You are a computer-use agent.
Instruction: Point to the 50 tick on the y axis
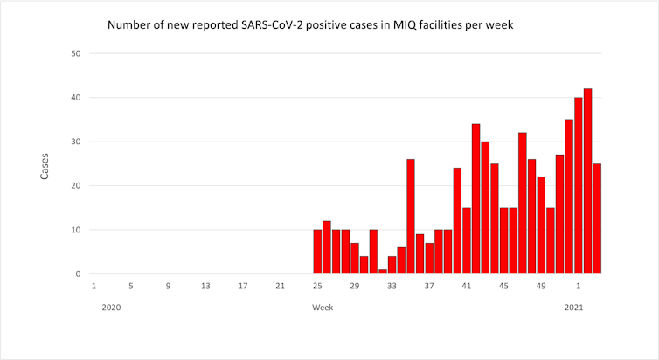click(x=76, y=53)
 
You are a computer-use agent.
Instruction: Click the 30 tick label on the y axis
click(x=76, y=142)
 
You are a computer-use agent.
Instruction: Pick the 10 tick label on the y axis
click(x=76, y=230)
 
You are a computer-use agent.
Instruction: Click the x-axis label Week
click(x=323, y=308)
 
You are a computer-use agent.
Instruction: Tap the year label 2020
click(x=111, y=308)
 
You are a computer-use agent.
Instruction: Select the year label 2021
click(x=573, y=308)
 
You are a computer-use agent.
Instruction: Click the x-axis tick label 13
click(x=205, y=286)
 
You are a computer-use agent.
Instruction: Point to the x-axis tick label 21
click(x=280, y=286)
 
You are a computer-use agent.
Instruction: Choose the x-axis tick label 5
click(x=130, y=286)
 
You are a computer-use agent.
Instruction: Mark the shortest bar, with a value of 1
click(x=383, y=271)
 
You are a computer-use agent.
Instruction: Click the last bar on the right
click(x=597, y=218)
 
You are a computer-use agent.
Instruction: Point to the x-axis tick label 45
click(x=503, y=286)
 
